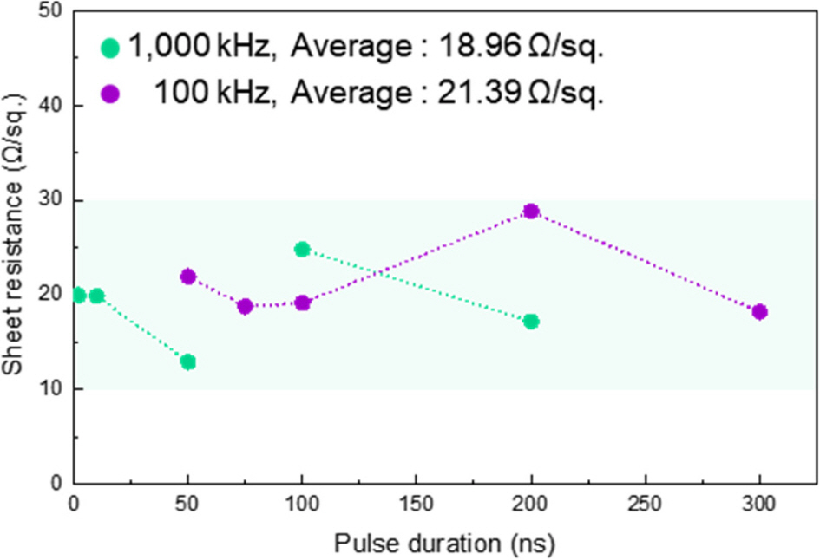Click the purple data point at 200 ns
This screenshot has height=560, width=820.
click(x=531, y=212)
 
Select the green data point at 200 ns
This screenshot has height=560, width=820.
click(x=531, y=322)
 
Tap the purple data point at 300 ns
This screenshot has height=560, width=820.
click(x=760, y=312)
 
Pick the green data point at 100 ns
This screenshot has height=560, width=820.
click(x=302, y=250)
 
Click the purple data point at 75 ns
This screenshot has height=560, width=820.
click(x=245, y=306)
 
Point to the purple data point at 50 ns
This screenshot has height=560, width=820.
click(x=187, y=277)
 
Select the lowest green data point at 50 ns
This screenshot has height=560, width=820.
click(x=187, y=361)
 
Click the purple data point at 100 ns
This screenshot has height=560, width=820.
click(x=302, y=303)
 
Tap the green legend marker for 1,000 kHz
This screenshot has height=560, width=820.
click(x=110, y=47)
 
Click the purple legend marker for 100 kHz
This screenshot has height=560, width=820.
click(x=110, y=94)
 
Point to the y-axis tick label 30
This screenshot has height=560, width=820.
click(x=51, y=200)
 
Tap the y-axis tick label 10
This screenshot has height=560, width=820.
click(x=51, y=389)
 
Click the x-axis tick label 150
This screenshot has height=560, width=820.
click(x=416, y=504)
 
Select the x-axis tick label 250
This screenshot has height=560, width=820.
click(x=645, y=504)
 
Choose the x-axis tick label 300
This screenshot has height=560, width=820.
click(x=759, y=504)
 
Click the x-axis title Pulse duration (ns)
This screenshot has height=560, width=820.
click(x=444, y=544)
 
